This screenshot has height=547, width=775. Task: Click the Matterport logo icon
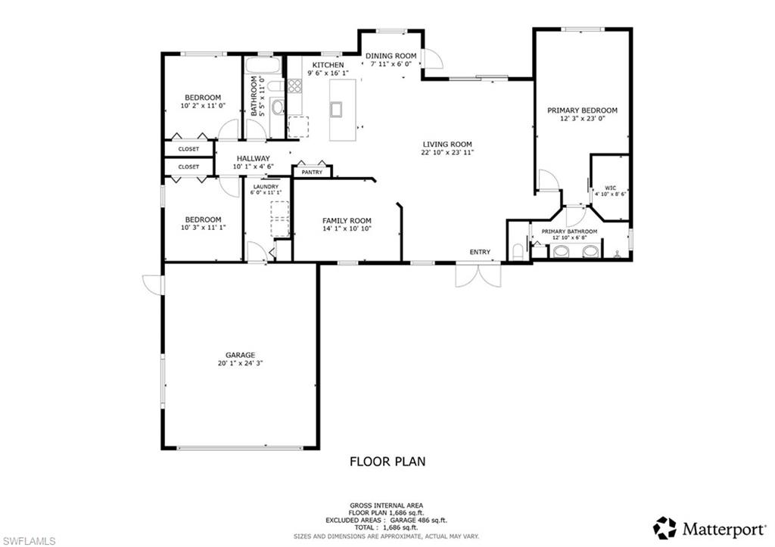point(665,527)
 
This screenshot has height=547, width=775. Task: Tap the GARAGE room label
point(240,355)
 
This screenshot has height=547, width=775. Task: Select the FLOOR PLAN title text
point(387,461)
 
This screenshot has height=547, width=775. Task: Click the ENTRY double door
point(478,275)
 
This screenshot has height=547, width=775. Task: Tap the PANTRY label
point(312,172)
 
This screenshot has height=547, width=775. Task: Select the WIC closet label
point(610,188)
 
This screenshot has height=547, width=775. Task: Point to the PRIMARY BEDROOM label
point(582,110)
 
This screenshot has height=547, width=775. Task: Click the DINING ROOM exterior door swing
point(431,59)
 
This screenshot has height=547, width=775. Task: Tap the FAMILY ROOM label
point(347,220)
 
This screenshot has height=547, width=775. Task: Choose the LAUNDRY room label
point(266,186)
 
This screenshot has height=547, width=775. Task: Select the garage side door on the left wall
point(153,284)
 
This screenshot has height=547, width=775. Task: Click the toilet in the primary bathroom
point(518,251)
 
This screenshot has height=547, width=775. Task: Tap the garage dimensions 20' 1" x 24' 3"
point(240,363)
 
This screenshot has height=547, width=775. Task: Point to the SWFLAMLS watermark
point(28,540)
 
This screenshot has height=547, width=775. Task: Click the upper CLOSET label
point(188,149)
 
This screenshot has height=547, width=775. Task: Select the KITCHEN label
point(326,65)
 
